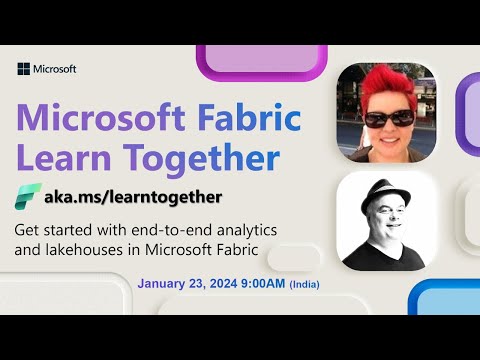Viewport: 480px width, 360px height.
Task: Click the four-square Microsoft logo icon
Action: tap(23, 69)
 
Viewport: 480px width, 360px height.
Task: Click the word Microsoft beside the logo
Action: tap(54, 69)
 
